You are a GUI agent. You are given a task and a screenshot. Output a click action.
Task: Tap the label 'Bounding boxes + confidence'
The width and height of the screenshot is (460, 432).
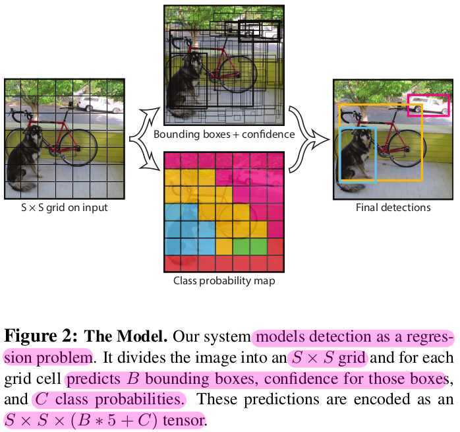(223, 135)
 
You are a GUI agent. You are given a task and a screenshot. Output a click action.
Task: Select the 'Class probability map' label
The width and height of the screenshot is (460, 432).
(223, 280)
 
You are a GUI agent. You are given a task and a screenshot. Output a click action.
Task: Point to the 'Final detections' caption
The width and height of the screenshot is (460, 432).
(393, 208)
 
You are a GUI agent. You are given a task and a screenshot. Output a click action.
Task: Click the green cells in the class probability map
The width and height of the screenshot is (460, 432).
(250, 245)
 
